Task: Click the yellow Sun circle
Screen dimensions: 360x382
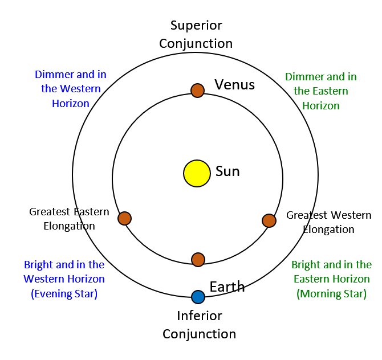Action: point(197,173)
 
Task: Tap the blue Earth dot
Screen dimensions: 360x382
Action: point(198,297)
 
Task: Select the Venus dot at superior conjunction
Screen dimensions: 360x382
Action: point(197,90)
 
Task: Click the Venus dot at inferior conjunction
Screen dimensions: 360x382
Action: point(198,260)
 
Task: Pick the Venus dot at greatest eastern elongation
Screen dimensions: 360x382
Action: point(124,218)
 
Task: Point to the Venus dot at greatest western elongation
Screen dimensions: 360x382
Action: point(269,220)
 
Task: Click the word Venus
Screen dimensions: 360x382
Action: point(234,85)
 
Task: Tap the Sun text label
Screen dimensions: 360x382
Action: point(227,171)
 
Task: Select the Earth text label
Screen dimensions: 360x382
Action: point(227,287)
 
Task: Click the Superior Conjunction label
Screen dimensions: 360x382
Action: point(196,35)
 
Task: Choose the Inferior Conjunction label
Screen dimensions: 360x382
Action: point(199,325)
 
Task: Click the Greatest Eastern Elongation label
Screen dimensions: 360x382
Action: point(69,219)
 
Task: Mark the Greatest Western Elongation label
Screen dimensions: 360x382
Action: point(328,222)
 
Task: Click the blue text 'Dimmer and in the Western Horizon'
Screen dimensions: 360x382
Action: point(71,89)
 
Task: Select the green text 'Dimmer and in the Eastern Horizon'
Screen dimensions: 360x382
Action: point(321,91)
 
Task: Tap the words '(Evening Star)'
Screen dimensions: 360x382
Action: point(64,294)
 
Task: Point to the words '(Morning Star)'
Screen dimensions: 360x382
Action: point(331,294)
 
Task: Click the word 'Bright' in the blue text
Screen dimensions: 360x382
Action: point(38,265)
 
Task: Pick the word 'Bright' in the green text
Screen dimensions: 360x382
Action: point(306,265)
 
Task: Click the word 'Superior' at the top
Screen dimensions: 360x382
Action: point(196,26)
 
